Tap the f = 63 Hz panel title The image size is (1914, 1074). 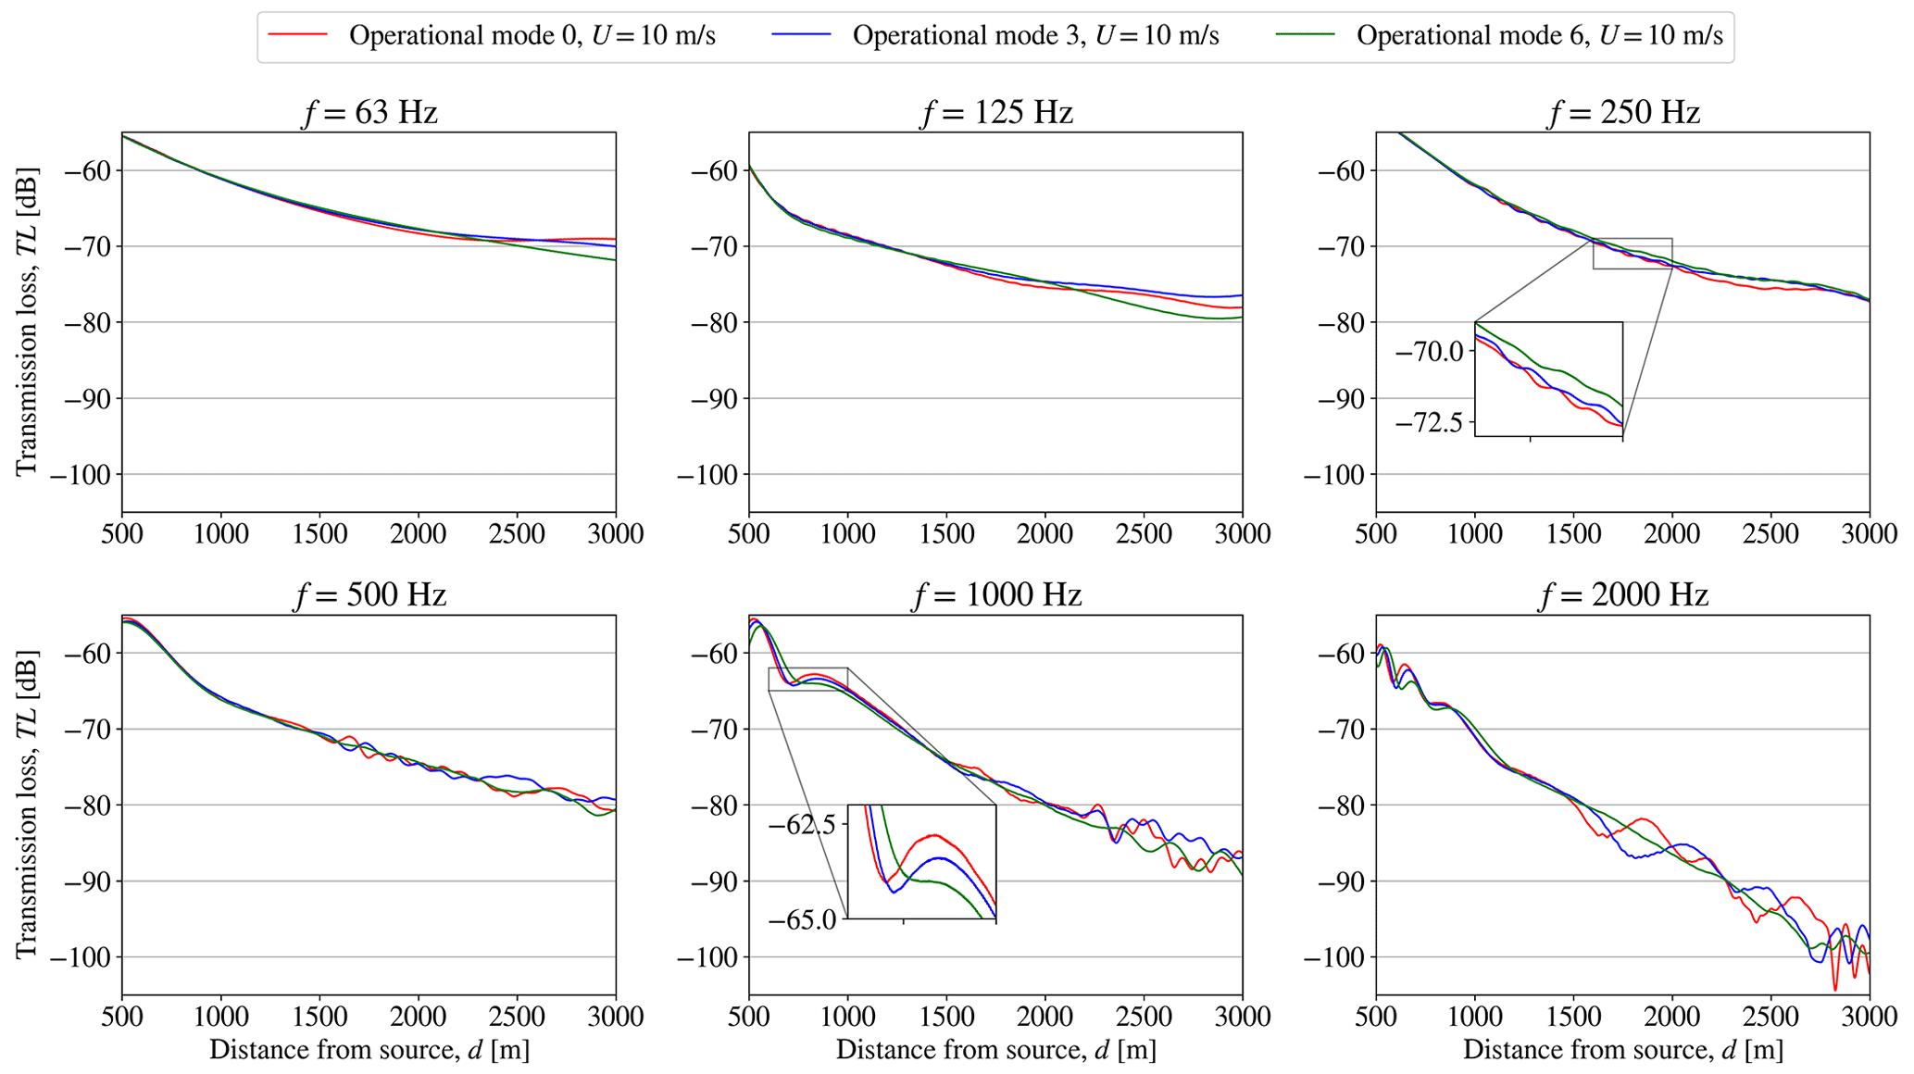point(369,113)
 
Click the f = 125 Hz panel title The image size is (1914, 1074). point(996,113)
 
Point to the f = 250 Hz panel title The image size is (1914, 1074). point(1623,113)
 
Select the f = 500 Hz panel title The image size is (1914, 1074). point(369,594)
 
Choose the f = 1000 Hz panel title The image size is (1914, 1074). point(996,594)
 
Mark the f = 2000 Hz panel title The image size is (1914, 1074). point(1623,594)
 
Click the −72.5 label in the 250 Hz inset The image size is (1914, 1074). point(1430,423)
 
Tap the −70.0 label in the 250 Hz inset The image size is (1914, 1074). point(1430,352)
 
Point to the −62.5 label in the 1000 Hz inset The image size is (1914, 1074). point(803,824)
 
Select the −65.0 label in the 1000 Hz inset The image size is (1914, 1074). point(803,919)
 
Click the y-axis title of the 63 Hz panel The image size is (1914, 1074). point(27,321)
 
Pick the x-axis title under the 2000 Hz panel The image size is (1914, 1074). point(1623,1050)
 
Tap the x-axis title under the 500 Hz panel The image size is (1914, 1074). point(369,1050)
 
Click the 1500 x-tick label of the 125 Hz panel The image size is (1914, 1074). point(946,534)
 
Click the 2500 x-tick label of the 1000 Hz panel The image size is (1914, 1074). point(1144,1017)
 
